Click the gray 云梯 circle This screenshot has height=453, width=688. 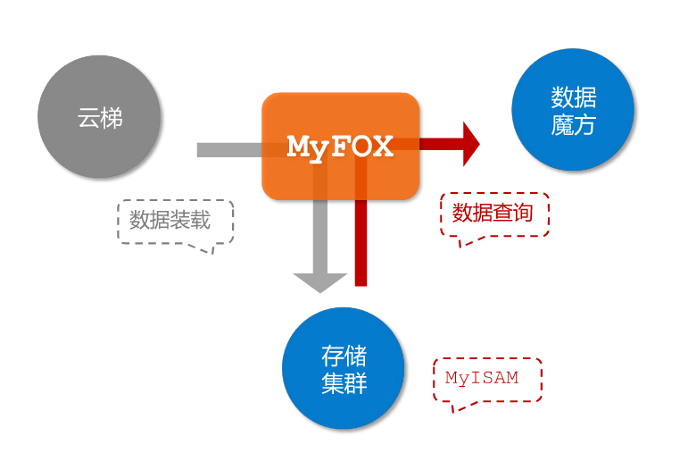99,117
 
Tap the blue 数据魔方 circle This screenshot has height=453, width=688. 573,110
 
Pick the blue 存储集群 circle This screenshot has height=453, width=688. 344,369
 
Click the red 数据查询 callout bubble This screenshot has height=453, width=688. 493,214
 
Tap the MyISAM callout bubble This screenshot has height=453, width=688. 486,378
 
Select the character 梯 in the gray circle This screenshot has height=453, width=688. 112,117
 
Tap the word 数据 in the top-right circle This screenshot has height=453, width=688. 574,97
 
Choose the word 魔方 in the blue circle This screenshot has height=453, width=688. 574,124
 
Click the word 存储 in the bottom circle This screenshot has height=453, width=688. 344,356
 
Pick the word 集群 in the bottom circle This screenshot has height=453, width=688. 344,383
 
